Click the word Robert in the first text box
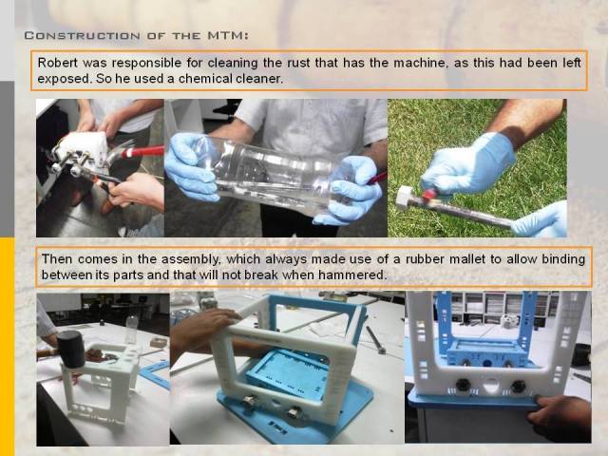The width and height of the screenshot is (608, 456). pyautogui.click(x=57, y=63)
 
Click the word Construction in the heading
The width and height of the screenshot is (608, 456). pyautogui.click(x=83, y=36)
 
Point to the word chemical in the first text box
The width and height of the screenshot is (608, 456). pyautogui.click(x=205, y=79)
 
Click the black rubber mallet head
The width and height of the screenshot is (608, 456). pyautogui.click(x=71, y=349)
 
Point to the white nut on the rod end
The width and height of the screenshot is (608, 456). pyautogui.click(x=406, y=198)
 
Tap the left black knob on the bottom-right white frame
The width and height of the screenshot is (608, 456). pyautogui.click(x=464, y=385)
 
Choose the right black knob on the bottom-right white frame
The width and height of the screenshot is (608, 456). pyautogui.click(x=519, y=387)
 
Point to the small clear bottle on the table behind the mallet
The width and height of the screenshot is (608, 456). pyautogui.click(x=132, y=330)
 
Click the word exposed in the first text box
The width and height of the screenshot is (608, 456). pyautogui.click(x=64, y=79)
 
